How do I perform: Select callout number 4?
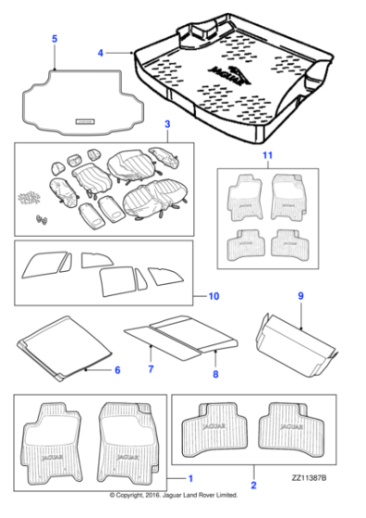click(101, 53)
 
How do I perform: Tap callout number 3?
click(166, 124)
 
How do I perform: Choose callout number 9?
click(300, 295)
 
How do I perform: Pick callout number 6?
click(116, 370)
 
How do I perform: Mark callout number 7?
click(151, 370)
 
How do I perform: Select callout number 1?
click(189, 478)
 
